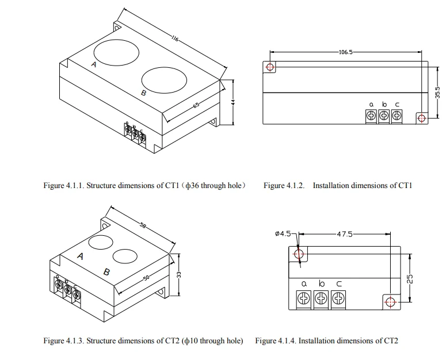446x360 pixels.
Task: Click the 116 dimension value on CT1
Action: (x=174, y=38)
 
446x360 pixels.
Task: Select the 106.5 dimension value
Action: (x=346, y=52)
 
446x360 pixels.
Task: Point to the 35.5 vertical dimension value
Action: (x=438, y=93)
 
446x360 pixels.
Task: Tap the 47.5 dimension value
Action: (x=345, y=234)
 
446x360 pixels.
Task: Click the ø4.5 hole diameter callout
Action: (x=283, y=233)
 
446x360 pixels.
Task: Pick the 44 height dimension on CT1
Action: (x=233, y=102)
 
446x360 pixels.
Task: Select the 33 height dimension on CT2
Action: (x=179, y=274)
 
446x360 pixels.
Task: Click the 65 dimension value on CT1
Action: (x=196, y=105)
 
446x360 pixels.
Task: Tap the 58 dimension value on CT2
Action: (x=143, y=225)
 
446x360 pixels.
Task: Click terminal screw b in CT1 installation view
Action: (x=384, y=116)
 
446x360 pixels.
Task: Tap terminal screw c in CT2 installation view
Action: (x=338, y=298)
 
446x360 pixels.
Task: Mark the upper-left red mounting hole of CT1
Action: (x=270, y=67)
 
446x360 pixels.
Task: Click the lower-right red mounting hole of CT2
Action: (x=391, y=302)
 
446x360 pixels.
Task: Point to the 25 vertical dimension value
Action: (x=410, y=279)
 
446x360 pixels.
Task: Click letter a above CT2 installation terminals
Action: (x=304, y=284)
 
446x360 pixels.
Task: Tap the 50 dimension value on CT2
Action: (x=146, y=278)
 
